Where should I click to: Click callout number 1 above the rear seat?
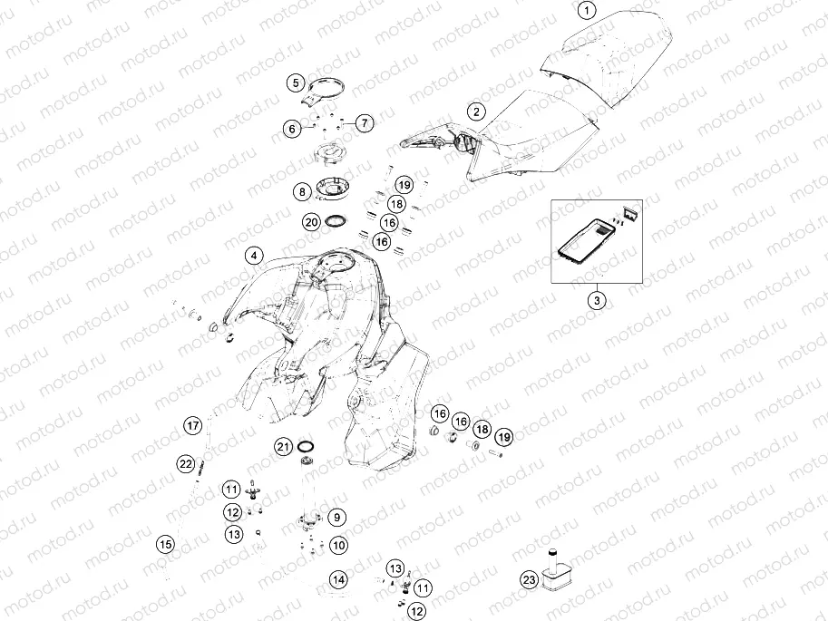point(587,10)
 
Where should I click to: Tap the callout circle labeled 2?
point(477,112)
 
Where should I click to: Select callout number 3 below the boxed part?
point(597,301)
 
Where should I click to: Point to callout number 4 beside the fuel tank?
point(254,257)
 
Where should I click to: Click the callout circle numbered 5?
point(296,82)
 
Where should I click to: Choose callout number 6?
point(292,129)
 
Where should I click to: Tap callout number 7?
point(365,123)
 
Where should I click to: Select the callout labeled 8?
point(302,191)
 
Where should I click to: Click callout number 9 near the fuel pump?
point(336,518)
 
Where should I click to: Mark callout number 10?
point(338,545)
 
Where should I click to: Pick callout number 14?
point(338,580)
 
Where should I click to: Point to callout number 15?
point(166,545)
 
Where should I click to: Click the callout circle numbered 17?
point(193,425)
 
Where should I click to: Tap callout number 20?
point(312,222)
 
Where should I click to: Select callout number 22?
point(185,464)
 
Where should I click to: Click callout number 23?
point(529,580)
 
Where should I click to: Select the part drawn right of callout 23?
point(554,572)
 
